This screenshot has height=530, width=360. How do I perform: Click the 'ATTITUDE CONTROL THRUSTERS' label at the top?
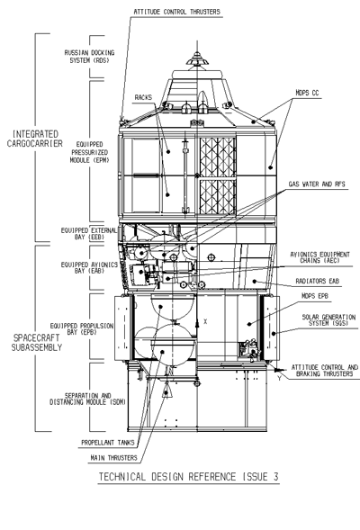(x=176, y=12)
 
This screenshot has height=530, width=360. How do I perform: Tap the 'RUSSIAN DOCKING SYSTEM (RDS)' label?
(x=90, y=57)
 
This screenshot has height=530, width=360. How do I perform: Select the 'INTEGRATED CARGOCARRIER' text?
(x=35, y=139)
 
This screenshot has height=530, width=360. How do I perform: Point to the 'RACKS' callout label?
(x=143, y=97)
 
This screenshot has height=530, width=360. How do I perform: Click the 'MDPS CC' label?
(x=307, y=93)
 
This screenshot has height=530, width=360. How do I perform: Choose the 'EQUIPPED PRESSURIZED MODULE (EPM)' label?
(x=90, y=152)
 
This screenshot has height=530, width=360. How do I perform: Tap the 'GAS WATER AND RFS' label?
(x=317, y=184)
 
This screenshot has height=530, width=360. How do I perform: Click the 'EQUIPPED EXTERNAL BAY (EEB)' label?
(x=89, y=234)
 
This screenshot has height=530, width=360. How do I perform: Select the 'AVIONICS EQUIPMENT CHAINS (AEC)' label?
(x=319, y=257)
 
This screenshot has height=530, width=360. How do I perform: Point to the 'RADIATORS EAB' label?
(x=317, y=282)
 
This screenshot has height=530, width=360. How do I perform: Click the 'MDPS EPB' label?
(x=315, y=296)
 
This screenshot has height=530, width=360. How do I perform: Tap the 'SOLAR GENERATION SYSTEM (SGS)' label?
(x=328, y=320)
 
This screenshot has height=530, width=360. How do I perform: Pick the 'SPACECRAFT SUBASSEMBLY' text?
(x=37, y=343)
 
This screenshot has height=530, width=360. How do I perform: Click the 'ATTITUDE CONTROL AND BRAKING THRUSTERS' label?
(x=325, y=371)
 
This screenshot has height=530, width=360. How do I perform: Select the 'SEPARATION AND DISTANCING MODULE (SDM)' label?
(x=87, y=399)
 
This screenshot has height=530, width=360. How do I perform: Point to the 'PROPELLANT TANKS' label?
(x=108, y=442)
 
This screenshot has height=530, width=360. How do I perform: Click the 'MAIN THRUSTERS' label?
(x=114, y=458)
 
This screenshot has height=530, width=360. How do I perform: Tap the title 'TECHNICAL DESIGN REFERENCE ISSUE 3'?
(x=189, y=477)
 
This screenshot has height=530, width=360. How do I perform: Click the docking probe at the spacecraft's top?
(x=197, y=59)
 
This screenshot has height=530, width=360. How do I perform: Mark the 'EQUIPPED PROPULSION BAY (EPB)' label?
(x=82, y=328)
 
